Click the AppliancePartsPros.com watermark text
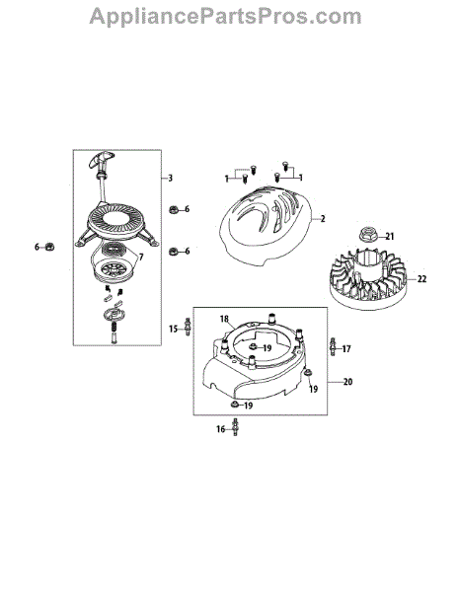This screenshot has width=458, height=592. [x=225, y=17]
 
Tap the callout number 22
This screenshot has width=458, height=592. [x=421, y=279]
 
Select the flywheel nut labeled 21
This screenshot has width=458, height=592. [x=367, y=234]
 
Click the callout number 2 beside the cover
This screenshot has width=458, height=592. [x=323, y=219]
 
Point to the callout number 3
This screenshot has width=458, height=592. [x=171, y=178]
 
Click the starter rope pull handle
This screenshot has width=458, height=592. [x=101, y=161]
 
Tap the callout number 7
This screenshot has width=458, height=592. [x=141, y=258]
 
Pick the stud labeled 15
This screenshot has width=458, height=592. [x=187, y=327]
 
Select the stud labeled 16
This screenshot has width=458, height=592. [x=235, y=427]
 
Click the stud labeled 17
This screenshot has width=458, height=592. [x=333, y=346]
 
